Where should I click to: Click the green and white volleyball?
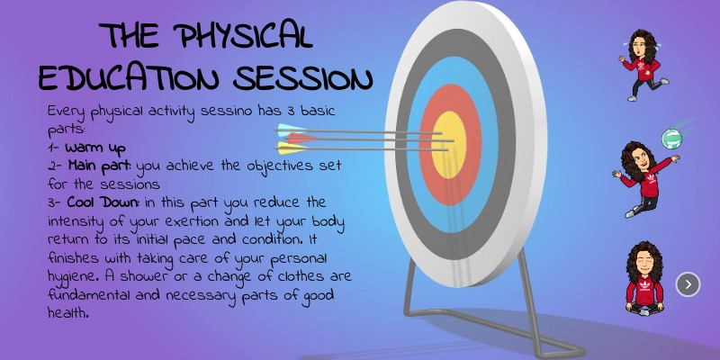point(671,138)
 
